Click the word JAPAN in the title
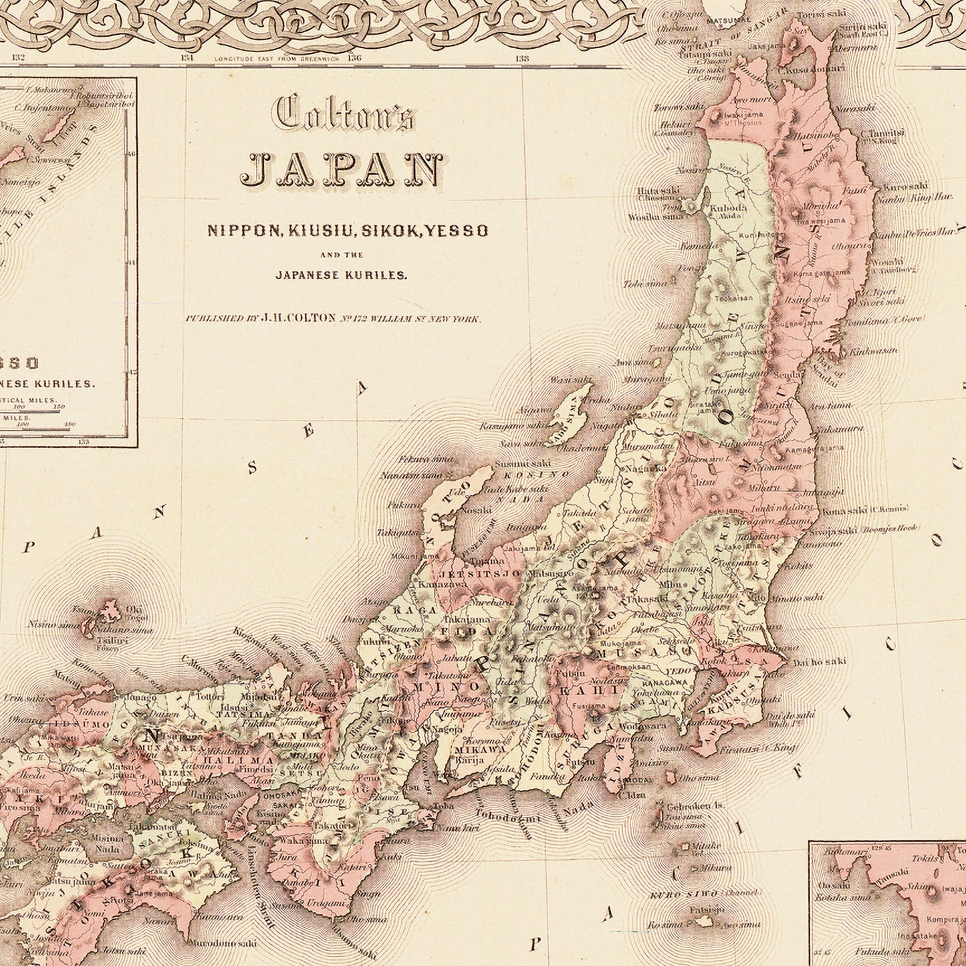pyautogui.click(x=342, y=170)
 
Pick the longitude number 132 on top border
pyautogui.click(x=17, y=58)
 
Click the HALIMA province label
pyautogui.click(x=238, y=760)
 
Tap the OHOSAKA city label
pyautogui.click(x=280, y=796)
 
